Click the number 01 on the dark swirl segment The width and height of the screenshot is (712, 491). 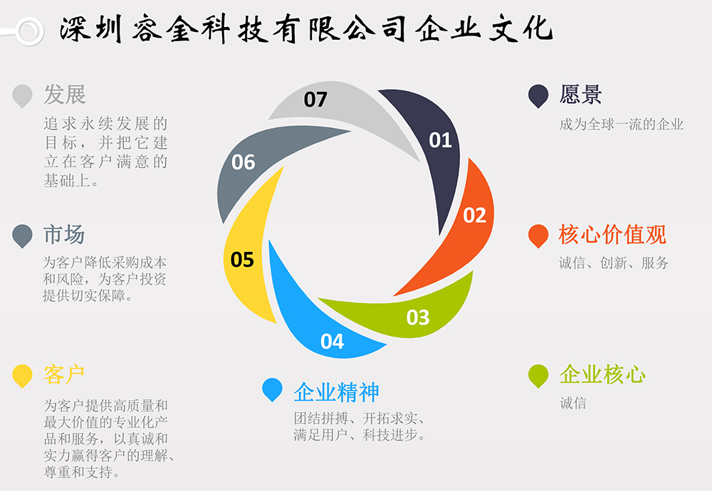(440, 140)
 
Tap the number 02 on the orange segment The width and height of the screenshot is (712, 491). (474, 215)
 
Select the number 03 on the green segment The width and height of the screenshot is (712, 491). (418, 317)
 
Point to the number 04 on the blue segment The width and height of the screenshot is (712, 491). (332, 342)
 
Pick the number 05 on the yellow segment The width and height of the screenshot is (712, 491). (242, 260)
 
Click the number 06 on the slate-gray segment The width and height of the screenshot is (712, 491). (243, 162)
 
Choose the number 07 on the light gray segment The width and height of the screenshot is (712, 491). (315, 100)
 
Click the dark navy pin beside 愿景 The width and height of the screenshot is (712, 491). (538, 95)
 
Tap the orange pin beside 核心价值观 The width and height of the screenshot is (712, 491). (538, 235)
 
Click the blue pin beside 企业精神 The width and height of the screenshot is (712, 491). (272, 389)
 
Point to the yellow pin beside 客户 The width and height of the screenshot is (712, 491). (23, 375)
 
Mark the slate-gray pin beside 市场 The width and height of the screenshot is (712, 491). (23, 235)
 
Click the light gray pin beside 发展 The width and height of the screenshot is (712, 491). (23, 95)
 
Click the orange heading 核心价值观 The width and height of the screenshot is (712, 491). (612, 235)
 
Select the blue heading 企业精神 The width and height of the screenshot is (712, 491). (336, 392)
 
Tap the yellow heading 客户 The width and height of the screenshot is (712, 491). (64, 374)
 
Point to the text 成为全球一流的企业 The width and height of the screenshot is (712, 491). (621, 125)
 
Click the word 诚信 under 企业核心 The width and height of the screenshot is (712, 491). (572, 403)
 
